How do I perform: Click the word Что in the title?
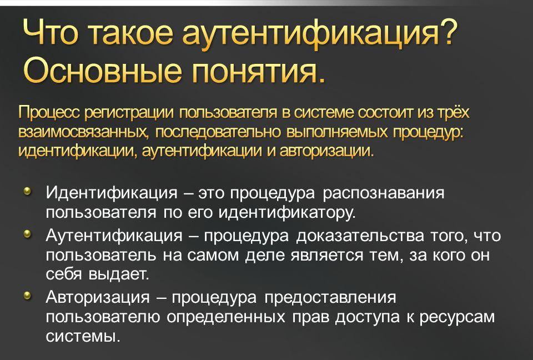point(51,33)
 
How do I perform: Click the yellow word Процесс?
point(49,113)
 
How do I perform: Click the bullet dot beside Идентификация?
point(28,191)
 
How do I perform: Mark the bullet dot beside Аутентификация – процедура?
point(28,234)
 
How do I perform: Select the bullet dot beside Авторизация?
point(28,296)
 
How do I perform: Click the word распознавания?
point(384,193)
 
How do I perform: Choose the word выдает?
point(119,274)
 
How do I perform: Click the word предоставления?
point(330,298)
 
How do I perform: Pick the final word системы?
point(83,337)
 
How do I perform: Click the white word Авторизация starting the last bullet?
point(98,297)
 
